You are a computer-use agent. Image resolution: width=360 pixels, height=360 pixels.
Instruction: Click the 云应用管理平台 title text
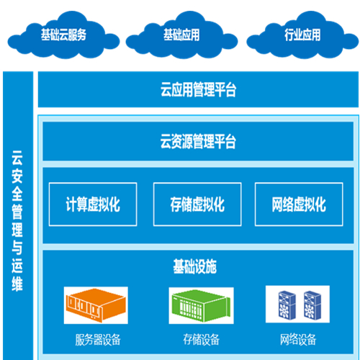coord(198,89)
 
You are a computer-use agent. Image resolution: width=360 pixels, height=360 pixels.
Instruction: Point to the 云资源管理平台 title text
coord(198,141)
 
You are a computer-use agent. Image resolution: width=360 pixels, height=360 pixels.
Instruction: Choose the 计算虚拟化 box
coord(93,204)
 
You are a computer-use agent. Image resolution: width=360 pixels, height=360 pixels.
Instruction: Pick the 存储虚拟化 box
coord(197,204)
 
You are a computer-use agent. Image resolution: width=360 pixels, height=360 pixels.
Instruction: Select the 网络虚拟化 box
coord(299,204)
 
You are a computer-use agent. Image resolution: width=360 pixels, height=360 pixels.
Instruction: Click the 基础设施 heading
coord(195,266)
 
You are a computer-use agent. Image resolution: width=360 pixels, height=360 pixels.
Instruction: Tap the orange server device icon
coord(96,305)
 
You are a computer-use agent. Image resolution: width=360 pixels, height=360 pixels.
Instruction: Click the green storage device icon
coord(201,306)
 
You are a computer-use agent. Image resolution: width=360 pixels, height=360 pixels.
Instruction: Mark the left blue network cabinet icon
coord(287,305)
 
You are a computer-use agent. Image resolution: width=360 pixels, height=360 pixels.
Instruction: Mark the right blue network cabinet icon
coord(312,305)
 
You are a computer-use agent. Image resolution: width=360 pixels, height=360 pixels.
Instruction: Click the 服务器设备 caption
coord(98,340)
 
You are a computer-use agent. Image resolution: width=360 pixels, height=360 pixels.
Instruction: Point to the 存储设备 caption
coord(201,340)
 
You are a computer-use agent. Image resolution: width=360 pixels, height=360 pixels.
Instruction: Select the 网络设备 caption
coord(298,340)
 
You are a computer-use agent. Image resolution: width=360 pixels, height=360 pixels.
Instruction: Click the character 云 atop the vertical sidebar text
coord(17,158)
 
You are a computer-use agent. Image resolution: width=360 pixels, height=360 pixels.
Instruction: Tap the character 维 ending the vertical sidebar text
coord(17,284)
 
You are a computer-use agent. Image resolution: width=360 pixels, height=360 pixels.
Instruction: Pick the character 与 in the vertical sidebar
coord(17,248)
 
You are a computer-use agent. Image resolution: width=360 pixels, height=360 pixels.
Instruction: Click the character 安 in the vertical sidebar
coord(17,176)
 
